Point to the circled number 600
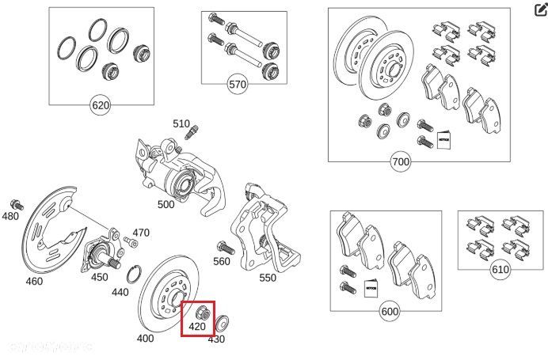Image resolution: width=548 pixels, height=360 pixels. click(x=390, y=312)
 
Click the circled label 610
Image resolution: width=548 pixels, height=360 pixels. click(x=500, y=270)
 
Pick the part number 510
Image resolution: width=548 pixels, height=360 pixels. click(x=182, y=124)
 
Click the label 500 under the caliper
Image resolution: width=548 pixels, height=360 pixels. click(x=166, y=205)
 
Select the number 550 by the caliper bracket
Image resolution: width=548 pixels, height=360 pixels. click(x=268, y=278)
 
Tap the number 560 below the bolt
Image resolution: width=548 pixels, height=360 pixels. click(x=222, y=262)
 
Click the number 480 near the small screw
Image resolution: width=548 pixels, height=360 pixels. click(x=10, y=216)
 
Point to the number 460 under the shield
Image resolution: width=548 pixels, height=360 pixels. click(x=34, y=281)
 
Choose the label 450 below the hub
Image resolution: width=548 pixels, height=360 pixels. click(x=99, y=277)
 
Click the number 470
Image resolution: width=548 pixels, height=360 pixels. click(x=141, y=233)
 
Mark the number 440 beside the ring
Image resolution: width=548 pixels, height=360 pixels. click(x=120, y=292)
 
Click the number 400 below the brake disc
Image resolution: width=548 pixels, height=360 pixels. click(x=146, y=338)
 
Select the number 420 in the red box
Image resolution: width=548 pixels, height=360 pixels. click(x=197, y=326)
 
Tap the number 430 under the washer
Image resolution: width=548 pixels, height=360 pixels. click(x=216, y=339)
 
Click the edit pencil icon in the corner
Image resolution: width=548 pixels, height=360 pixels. click(x=540, y=9)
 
